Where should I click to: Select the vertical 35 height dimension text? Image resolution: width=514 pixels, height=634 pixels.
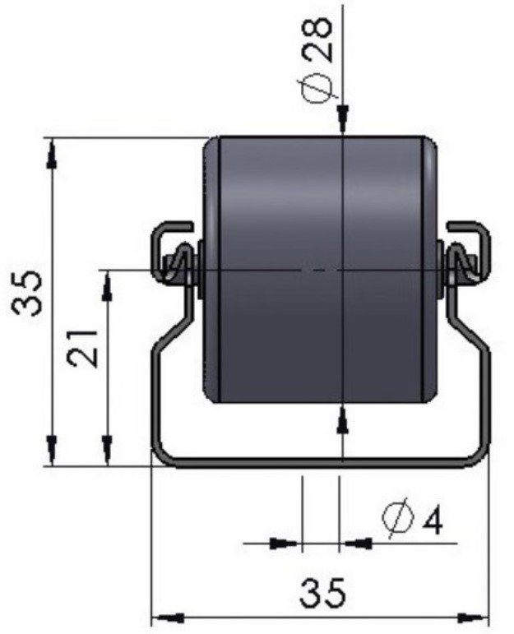click(x=29, y=294)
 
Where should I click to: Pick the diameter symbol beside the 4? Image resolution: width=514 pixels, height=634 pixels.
click(x=399, y=518)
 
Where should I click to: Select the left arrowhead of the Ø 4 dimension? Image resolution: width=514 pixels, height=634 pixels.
click(x=284, y=542)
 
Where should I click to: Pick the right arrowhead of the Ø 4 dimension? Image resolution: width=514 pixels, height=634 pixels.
click(x=357, y=542)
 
